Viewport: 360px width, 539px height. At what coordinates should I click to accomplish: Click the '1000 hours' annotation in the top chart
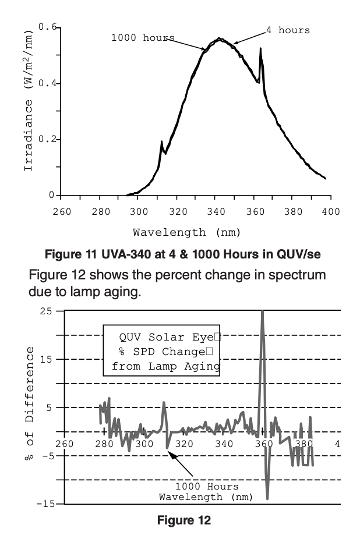coord(143,38)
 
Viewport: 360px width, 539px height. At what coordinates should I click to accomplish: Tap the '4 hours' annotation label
coord(288,30)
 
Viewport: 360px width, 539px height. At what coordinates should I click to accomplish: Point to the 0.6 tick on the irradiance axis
coord(48,27)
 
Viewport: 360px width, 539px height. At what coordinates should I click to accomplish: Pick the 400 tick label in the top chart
coord(331,211)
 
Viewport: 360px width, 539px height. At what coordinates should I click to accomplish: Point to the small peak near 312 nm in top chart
coord(162,141)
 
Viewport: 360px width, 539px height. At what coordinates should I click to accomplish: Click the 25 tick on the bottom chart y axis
coord(44,311)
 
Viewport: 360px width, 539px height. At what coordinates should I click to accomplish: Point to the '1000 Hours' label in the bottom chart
coord(207,487)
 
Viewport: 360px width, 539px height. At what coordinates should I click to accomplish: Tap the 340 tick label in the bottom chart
coord(224,444)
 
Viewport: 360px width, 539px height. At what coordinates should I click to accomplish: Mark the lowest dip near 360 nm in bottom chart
coord(267,498)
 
